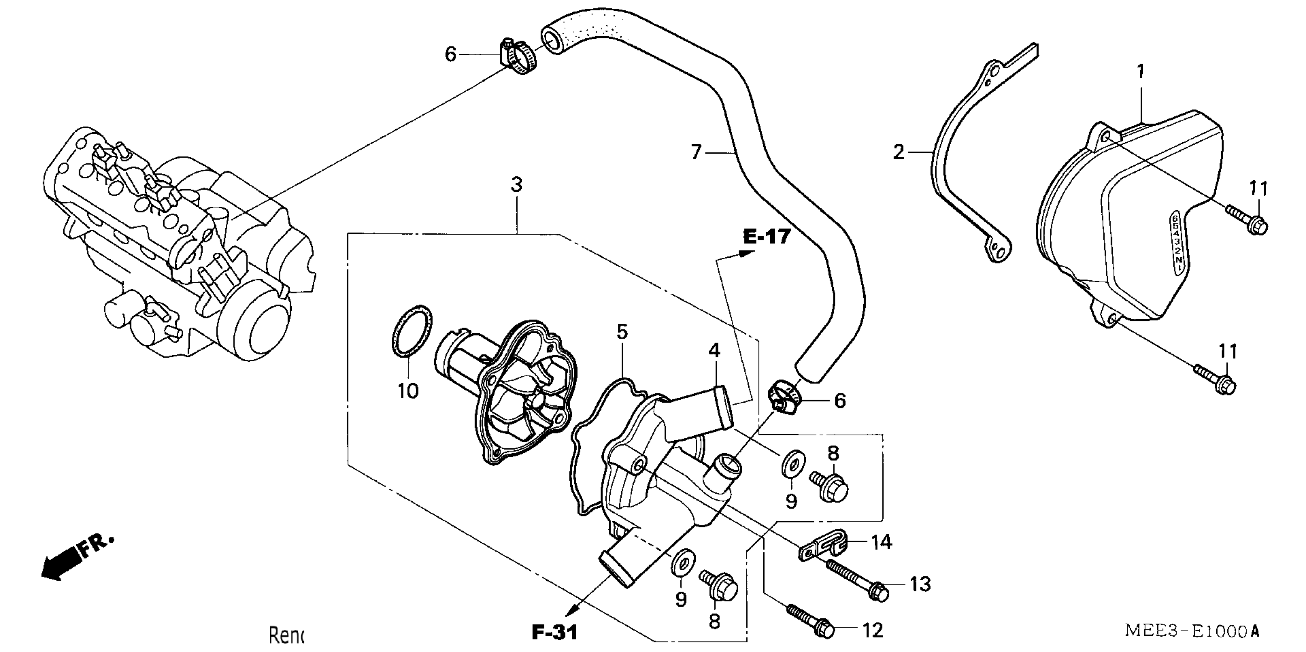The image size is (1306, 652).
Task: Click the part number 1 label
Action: pos(1140,72)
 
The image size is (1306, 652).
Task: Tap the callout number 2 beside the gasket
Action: pos(899,152)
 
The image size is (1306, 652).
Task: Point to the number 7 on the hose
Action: pos(696,152)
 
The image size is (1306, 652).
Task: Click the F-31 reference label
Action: pos(555,632)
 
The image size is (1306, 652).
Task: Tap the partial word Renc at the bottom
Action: pos(286,635)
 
